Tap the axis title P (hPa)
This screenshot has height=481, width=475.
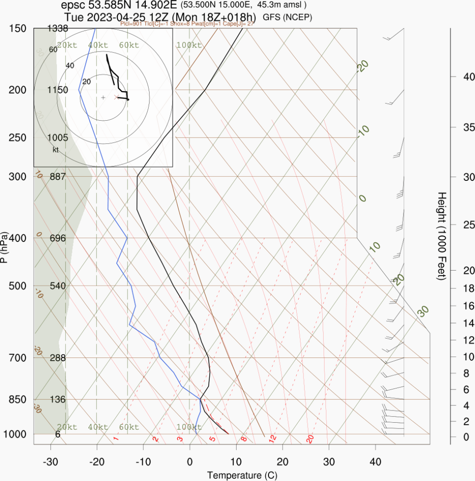(x=4, y=247)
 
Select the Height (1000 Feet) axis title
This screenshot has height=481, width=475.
(x=441, y=236)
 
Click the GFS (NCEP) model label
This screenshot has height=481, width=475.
(x=287, y=17)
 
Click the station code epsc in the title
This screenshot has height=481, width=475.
(x=71, y=6)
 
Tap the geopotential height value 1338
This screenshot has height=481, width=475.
(x=58, y=29)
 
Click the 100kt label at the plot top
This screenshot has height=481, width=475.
(x=189, y=45)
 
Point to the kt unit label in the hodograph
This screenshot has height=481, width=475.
(x=55, y=150)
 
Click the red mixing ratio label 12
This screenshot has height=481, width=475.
(x=272, y=439)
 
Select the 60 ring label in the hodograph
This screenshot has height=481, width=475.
(x=53, y=49)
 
